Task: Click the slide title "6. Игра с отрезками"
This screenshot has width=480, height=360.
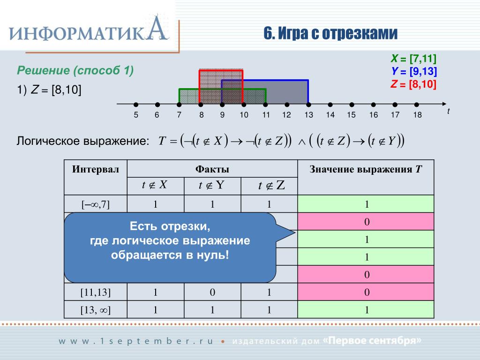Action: pos(330,33)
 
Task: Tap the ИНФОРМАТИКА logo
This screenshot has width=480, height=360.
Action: pos(89,32)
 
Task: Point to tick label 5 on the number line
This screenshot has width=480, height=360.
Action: pos(135,115)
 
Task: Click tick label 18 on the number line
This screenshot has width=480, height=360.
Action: pos(417,115)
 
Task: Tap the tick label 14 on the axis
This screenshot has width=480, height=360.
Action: pos(330,115)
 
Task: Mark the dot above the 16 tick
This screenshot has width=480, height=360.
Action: pos(374,105)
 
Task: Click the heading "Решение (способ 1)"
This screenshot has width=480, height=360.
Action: pos(75,71)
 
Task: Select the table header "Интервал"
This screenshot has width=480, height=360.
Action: pos(96,169)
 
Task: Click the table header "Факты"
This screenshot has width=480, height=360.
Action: pos(212,169)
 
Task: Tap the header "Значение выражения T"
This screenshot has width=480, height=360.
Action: pos(366,169)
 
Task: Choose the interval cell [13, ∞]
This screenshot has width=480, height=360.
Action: pos(96,310)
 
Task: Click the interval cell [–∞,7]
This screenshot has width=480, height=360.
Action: pos(96,204)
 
